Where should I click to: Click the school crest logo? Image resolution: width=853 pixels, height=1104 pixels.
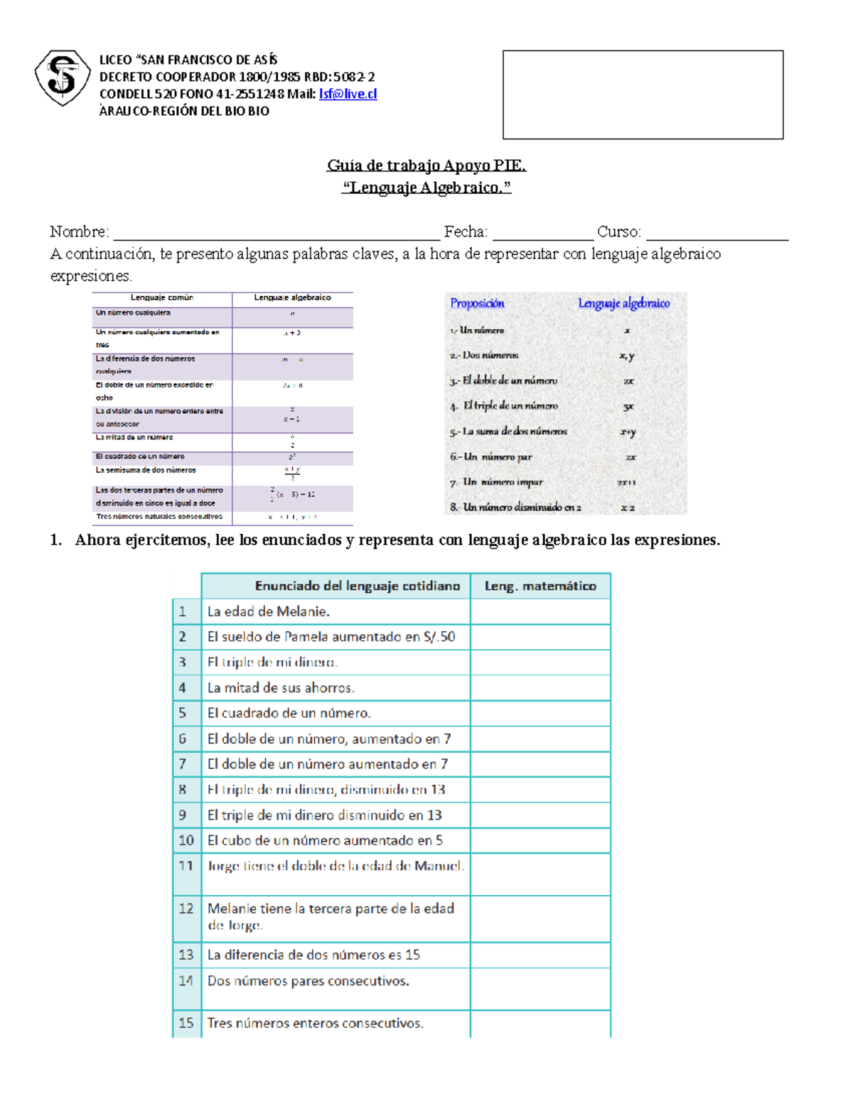(x=63, y=77)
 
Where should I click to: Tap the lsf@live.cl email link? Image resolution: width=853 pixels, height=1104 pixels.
(x=348, y=94)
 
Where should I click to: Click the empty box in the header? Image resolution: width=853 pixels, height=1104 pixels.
(x=643, y=95)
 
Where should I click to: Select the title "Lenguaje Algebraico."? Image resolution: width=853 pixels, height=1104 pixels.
(x=426, y=188)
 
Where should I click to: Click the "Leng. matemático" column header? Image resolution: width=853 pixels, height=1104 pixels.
(x=540, y=586)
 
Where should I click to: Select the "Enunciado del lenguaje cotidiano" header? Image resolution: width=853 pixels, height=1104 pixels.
(x=357, y=586)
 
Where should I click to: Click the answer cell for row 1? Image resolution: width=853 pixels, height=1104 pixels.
(x=540, y=611)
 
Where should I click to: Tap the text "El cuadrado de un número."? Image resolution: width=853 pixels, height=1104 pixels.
(x=289, y=713)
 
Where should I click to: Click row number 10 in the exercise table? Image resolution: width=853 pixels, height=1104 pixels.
(x=186, y=840)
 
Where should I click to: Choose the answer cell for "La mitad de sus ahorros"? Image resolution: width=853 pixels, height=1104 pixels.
(x=540, y=687)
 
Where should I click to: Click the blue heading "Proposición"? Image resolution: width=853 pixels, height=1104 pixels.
(x=477, y=304)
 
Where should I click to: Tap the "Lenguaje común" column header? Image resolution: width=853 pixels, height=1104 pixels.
(x=162, y=298)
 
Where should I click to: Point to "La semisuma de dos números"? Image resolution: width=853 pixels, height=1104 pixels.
(x=146, y=471)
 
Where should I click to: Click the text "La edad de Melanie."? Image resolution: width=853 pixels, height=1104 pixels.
(x=268, y=611)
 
